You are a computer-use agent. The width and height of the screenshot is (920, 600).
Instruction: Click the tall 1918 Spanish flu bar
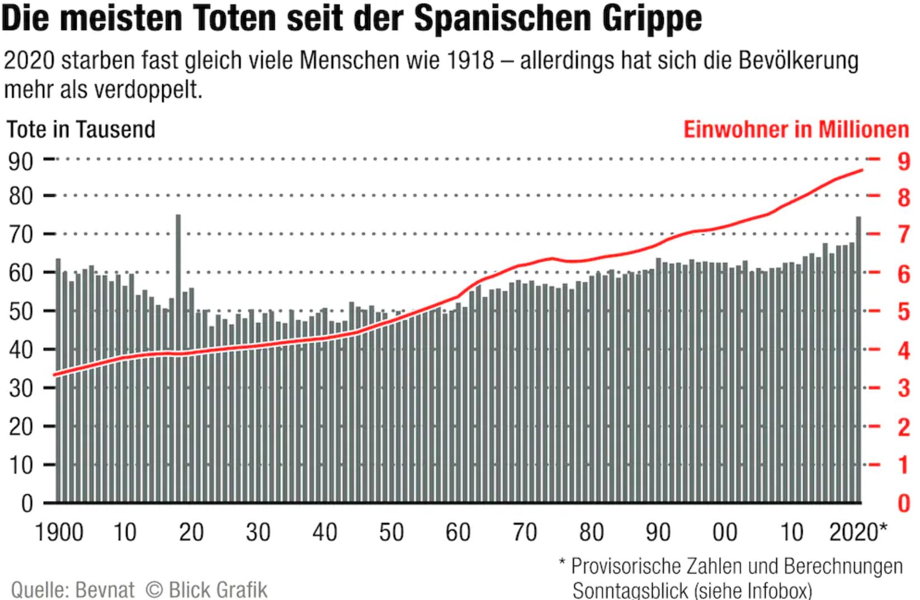(x=178, y=358)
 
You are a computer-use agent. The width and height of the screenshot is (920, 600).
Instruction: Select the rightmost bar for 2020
(x=858, y=358)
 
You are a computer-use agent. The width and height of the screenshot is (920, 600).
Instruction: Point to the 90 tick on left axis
(x=21, y=161)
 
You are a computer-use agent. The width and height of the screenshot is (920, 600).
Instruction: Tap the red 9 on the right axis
(x=904, y=161)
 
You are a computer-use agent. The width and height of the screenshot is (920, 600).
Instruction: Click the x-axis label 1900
(x=59, y=532)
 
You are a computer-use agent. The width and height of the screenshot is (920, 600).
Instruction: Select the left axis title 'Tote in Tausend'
(x=81, y=130)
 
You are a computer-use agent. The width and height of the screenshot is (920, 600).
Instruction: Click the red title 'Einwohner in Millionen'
(x=796, y=130)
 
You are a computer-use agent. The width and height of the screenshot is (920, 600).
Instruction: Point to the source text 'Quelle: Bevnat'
(x=73, y=589)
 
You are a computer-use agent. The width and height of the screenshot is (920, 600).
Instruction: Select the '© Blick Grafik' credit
(x=206, y=589)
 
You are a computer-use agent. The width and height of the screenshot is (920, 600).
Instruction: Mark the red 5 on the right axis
(x=904, y=311)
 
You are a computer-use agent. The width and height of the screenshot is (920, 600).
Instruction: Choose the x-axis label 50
(x=391, y=532)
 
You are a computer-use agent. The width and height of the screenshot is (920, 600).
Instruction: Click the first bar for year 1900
(x=58, y=380)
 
